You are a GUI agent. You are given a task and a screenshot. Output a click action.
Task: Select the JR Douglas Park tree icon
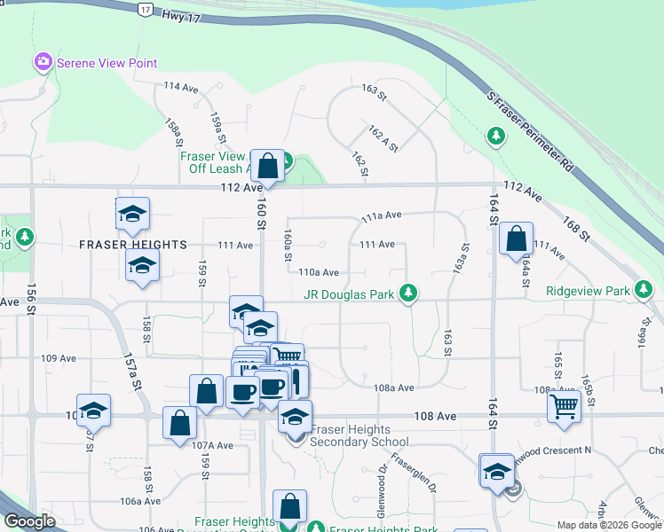(408, 292)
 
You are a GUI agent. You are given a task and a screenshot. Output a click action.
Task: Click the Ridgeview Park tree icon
(644, 290)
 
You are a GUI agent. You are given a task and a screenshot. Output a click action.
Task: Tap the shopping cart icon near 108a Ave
(565, 406)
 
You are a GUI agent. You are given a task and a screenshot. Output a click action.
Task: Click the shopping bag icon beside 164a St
(516, 239)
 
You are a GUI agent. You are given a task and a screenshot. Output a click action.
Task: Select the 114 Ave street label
(181, 88)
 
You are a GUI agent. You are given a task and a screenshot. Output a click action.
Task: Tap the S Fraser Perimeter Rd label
(527, 132)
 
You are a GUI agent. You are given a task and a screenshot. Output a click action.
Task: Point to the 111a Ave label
(382, 215)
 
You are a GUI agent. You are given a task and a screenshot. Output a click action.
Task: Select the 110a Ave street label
(320, 273)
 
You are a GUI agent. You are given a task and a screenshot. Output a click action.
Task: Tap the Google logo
(30, 521)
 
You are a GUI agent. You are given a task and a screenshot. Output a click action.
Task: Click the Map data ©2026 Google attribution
(608, 525)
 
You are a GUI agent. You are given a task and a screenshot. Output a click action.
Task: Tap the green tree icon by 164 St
(496, 137)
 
